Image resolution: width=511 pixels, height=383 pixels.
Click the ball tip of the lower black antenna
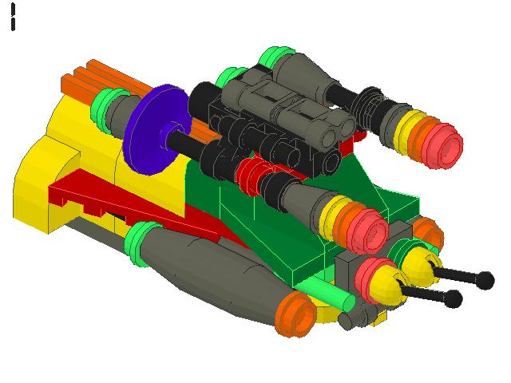pos(453,299)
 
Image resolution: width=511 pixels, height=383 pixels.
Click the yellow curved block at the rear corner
pos(40,184)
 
